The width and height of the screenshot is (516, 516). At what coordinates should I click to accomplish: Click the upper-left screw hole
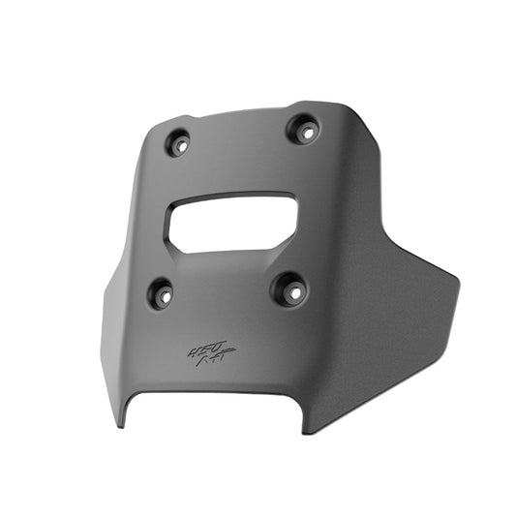177,143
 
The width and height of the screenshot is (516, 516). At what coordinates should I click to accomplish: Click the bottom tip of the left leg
121,427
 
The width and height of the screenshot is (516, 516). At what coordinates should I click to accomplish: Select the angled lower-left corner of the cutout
174,247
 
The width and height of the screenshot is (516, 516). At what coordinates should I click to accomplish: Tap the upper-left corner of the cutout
174,206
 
